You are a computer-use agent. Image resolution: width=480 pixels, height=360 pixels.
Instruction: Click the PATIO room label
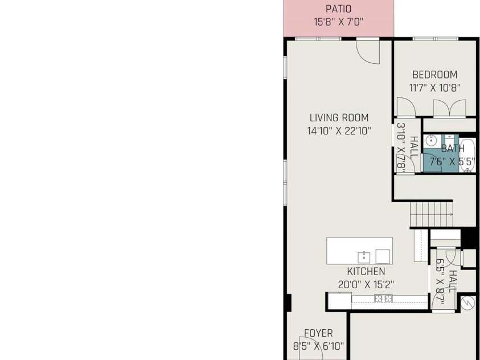pos(338,9)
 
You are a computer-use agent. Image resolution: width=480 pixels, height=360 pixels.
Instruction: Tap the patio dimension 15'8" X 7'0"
pos(338,22)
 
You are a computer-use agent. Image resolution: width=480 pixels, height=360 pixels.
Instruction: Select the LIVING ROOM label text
pos(339,117)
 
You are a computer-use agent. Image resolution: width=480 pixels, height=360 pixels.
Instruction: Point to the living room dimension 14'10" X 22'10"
pos(339,131)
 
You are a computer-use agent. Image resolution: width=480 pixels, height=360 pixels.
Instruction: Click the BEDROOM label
pos(434,75)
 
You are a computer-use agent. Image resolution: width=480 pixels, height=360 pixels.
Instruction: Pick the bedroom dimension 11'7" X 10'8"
pos(434,88)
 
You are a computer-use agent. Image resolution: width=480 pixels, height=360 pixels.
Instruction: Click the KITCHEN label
pos(366,271)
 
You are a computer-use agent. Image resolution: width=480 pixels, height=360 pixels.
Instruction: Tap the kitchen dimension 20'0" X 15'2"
pos(366,285)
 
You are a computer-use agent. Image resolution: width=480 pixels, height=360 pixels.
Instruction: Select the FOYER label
pos(318,333)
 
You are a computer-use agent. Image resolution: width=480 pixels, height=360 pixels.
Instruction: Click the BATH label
pos(453,149)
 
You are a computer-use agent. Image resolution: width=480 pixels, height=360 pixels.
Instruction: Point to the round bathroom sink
pos(432,141)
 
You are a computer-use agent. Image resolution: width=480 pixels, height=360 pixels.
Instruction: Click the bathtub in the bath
pos(467,155)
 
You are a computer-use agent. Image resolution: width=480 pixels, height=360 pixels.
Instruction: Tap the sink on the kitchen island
pos(364,257)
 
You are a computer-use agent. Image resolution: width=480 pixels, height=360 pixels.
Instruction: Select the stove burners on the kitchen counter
pos(383,298)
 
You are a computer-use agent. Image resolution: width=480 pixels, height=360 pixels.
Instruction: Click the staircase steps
pos(432,214)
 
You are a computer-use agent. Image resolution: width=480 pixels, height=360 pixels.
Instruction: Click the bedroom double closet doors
pos(450,108)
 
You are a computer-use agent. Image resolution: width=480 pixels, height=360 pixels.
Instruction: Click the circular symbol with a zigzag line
pos(467,304)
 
